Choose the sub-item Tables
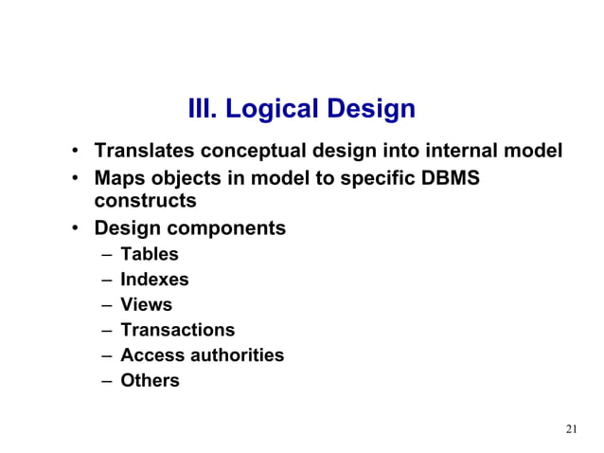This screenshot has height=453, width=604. click(149, 254)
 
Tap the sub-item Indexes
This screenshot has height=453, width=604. click(154, 280)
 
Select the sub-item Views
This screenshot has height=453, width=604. click(146, 305)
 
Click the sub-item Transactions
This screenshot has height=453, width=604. click(177, 331)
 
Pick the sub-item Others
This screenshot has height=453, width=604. click(149, 382)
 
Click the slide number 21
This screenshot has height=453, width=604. click(570, 430)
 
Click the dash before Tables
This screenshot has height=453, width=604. click(102, 254)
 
